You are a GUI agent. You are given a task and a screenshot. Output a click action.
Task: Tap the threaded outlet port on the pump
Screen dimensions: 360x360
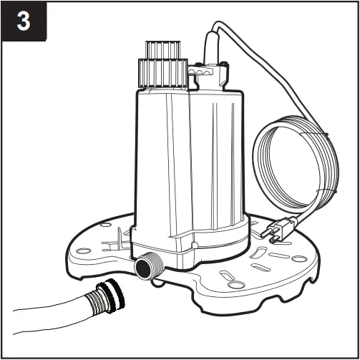coord(147,267)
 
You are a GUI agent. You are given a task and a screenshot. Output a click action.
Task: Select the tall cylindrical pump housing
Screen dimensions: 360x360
coord(179,157)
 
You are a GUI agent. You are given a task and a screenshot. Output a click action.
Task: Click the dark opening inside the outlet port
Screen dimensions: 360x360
coord(141,268)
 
